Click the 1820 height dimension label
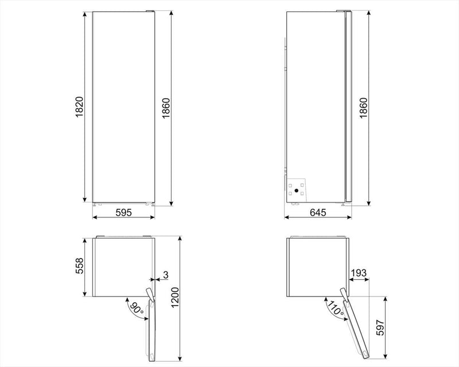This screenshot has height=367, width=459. (x=80, y=107)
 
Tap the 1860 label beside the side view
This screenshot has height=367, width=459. (x=363, y=107)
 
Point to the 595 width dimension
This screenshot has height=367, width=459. (x=123, y=212)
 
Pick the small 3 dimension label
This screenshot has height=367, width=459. (x=165, y=276)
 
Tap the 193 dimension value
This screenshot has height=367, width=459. (x=359, y=272)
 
